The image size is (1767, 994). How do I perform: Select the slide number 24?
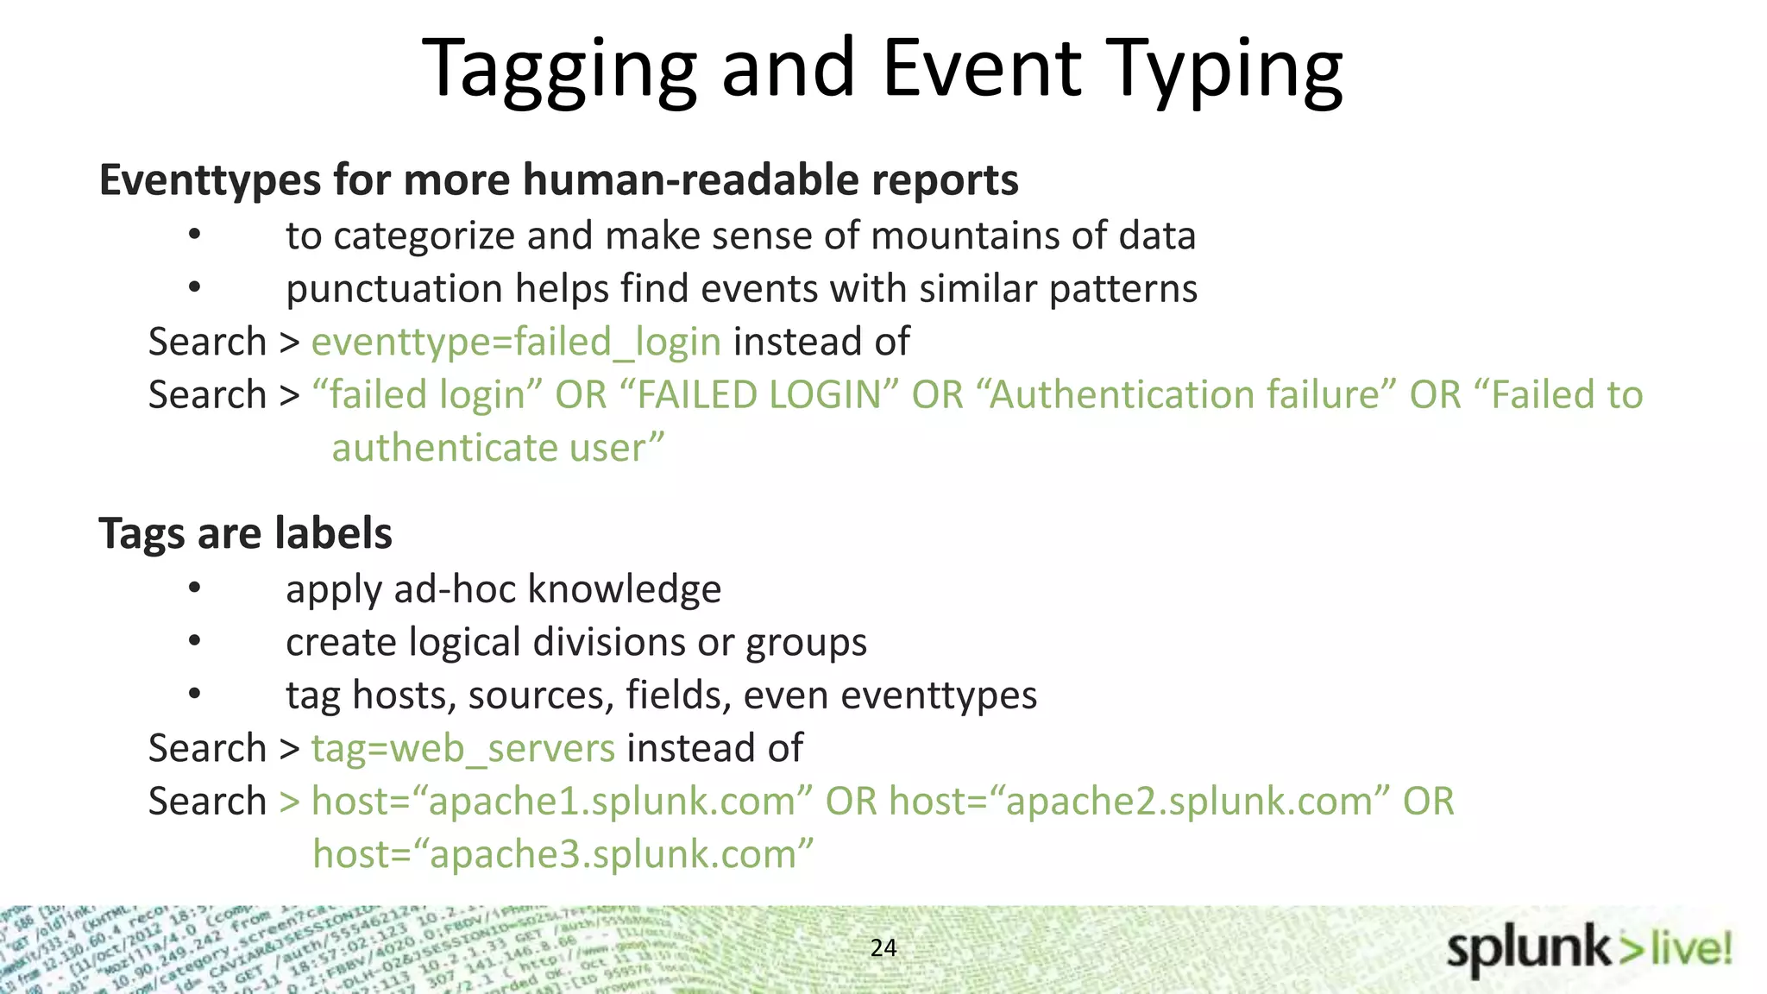(883, 947)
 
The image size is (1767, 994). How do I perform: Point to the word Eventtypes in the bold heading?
(211, 180)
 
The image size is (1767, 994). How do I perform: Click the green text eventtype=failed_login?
(516, 342)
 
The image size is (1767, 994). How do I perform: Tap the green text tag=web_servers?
(463, 748)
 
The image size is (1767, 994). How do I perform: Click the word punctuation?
(394, 289)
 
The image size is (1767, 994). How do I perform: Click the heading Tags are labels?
(246, 533)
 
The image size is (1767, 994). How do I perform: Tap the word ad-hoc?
(454, 589)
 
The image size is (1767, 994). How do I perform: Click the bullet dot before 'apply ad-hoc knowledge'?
(195, 588)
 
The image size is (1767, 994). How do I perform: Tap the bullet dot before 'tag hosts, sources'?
(195, 694)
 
